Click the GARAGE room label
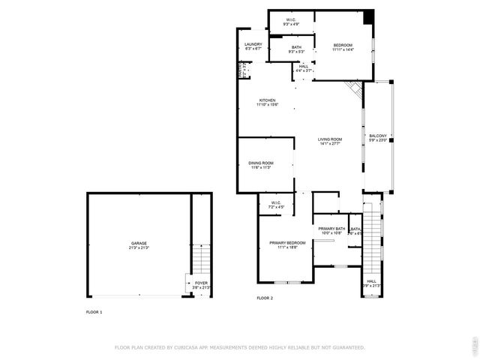pyautogui.click(x=139, y=243)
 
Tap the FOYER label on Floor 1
pyautogui.click(x=202, y=283)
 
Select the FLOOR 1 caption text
pyautogui.click(x=94, y=311)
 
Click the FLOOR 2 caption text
pyautogui.click(x=265, y=298)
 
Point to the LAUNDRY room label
pyautogui.click(x=253, y=44)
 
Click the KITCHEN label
pyautogui.click(x=267, y=100)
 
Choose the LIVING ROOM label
pyautogui.click(x=330, y=139)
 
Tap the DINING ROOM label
pyautogui.click(x=261, y=163)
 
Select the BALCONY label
pyautogui.click(x=377, y=136)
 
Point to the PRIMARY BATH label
pyautogui.click(x=331, y=228)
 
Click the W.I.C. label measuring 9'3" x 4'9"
pyautogui.click(x=291, y=20)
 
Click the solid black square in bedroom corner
pyautogui.click(x=367, y=17)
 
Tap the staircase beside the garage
pyautogui.click(x=201, y=259)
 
